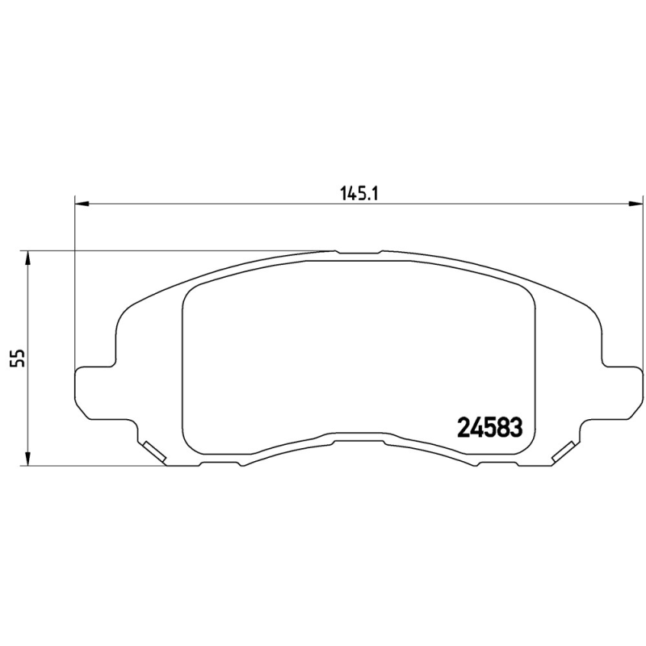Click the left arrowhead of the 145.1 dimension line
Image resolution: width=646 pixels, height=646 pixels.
81,203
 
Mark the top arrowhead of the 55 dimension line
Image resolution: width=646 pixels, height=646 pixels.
28,258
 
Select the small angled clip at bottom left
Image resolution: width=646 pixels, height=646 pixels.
153,453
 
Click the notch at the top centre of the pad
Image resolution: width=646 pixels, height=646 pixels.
359,253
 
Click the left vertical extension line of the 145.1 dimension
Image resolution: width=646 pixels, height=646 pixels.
74,283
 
